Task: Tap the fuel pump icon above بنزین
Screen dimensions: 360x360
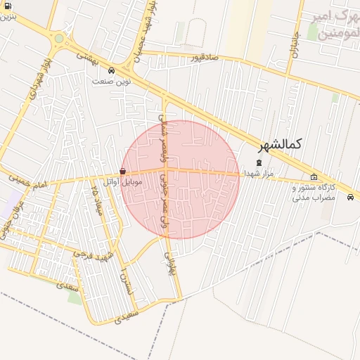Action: (x=7, y=6)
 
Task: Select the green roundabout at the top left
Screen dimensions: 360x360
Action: (x=58, y=39)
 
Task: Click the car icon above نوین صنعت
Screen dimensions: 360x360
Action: (x=112, y=70)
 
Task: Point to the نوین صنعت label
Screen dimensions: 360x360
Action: (x=111, y=81)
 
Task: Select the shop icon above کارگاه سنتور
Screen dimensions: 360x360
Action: (x=314, y=176)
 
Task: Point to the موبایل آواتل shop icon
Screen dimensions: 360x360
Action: (x=123, y=171)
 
